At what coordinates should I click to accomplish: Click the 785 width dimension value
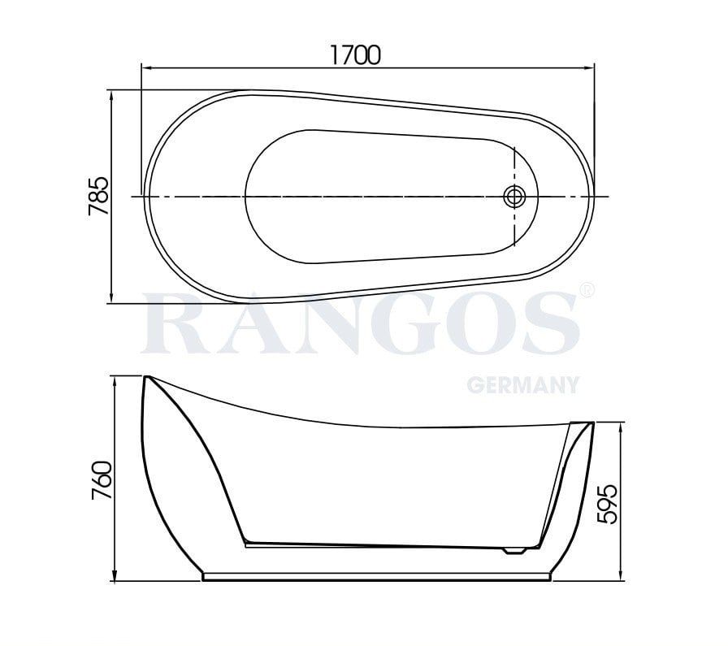coord(98,196)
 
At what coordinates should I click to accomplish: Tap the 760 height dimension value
coord(101,481)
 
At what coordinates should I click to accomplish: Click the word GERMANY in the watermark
coord(522,384)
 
